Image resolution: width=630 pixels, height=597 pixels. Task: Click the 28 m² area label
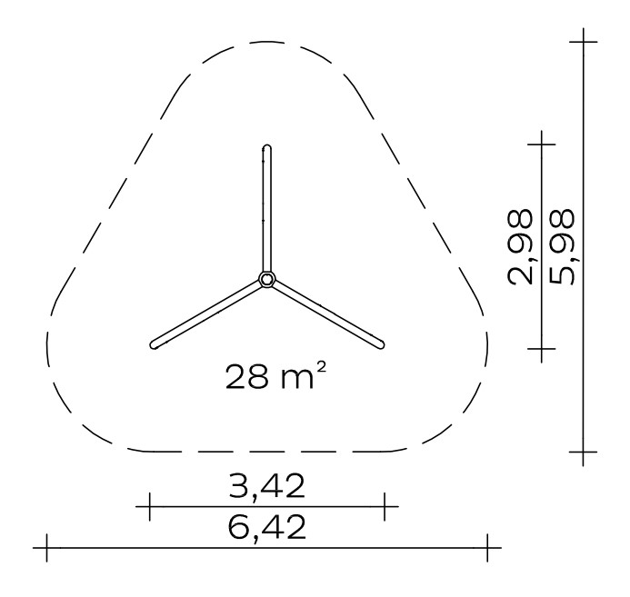[x=275, y=375]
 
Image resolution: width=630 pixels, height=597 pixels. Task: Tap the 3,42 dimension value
[x=266, y=486]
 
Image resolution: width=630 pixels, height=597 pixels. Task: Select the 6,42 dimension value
[x=266, y=527]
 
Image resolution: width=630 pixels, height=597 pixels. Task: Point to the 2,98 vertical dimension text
[x=521, y=247]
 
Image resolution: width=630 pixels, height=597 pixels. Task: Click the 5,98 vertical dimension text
[x=563, y=247]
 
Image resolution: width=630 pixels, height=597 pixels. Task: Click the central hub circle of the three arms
[x=266, y=279]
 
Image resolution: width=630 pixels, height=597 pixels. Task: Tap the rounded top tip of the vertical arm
[x=266, y=147]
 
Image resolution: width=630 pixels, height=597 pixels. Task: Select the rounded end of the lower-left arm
[x=154, y=345]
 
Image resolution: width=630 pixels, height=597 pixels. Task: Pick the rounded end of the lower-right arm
[x=381, y=344]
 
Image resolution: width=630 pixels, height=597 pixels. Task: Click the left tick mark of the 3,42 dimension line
[x=149, y=507]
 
